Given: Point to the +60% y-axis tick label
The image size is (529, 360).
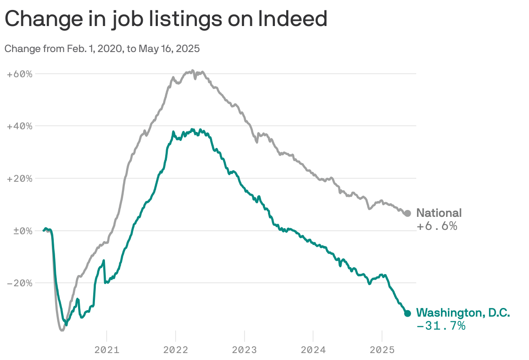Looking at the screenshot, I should [20, 74].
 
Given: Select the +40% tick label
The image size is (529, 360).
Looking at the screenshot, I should [20, 126].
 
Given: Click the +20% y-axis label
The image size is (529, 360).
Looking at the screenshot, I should [20, 178].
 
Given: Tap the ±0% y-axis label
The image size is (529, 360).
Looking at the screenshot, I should [20, 231].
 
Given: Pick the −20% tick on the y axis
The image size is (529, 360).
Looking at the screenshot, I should [20, 283].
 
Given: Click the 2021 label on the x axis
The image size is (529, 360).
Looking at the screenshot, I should [107, 350].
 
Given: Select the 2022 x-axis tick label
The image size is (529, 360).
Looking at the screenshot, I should [176, 350].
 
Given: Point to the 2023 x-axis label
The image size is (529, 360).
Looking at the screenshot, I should [245, 350].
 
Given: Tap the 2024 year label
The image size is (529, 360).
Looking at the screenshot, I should [313, 350].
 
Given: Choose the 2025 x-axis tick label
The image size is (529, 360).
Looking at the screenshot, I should [382, 350].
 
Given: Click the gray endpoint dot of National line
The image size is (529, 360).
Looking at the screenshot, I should [407, 213].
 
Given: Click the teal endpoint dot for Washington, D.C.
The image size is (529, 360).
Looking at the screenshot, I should [407, 313].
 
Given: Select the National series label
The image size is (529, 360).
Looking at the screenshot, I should [439, 213].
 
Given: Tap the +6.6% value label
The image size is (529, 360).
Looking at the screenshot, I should [437, 226].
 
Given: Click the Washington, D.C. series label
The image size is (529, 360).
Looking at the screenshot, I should [463, 313].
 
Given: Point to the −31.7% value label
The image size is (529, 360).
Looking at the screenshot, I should [441, 326].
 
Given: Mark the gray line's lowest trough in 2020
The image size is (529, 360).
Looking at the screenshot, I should [62, 330].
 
